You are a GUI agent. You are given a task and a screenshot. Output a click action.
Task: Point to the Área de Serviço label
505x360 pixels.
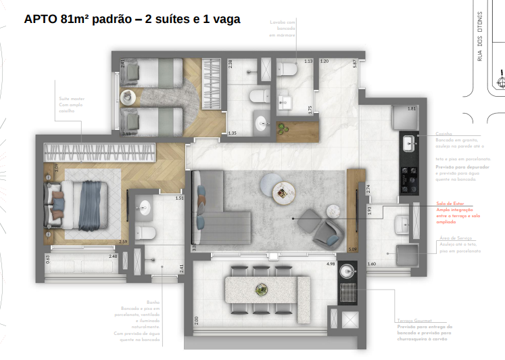[x=454, y=238]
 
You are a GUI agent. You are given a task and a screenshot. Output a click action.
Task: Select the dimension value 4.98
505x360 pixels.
[x=331, y=264]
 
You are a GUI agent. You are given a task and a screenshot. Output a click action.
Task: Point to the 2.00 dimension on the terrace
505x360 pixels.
[x=195, y=319]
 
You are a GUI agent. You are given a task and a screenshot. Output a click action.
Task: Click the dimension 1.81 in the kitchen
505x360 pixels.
[x=411, y=109]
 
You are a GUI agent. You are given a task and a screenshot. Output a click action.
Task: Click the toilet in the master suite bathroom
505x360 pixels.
[x=145, y=232]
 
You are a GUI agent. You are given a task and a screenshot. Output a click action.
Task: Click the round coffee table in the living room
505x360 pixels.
[x=283, y=193]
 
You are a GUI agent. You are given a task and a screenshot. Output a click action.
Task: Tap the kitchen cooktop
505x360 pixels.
[x=409, y=172]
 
